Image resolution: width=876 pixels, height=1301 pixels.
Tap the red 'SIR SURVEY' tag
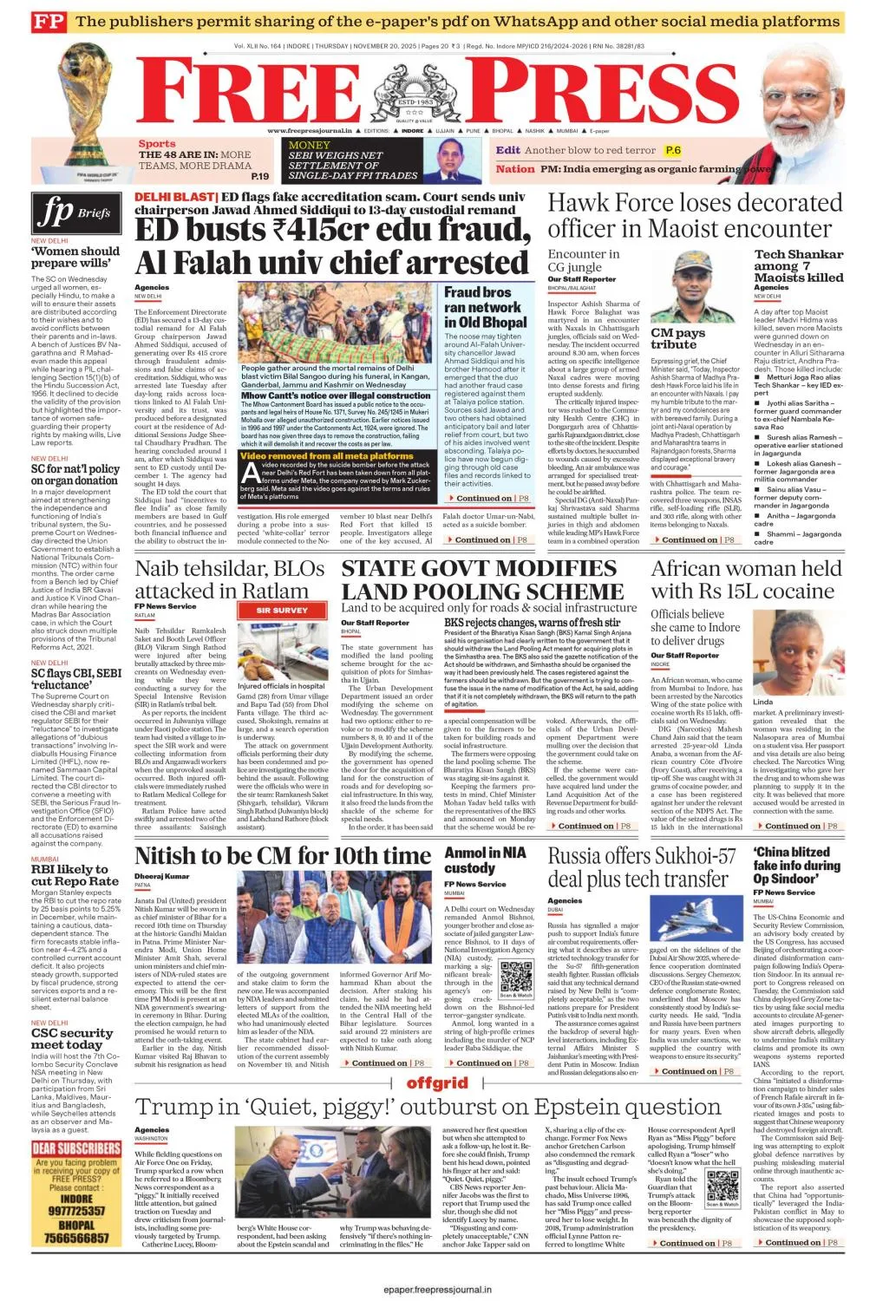282,610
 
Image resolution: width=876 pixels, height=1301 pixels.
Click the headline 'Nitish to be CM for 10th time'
283,856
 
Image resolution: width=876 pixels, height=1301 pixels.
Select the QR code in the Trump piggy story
722,1186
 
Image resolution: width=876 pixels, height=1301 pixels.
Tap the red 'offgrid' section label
437,1083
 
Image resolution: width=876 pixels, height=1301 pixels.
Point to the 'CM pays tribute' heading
677,338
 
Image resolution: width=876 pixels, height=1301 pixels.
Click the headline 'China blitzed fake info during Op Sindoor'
796,866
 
